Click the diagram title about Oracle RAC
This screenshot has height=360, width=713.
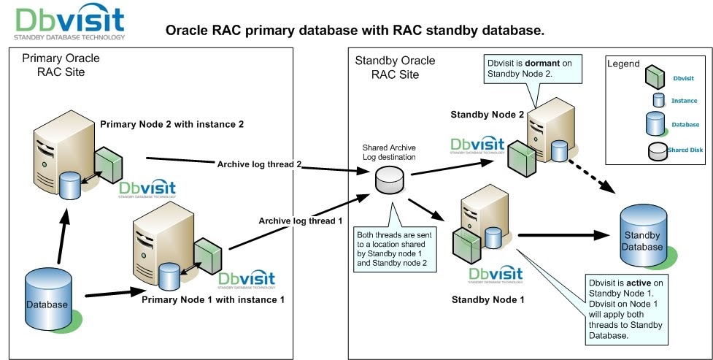click(355, 31)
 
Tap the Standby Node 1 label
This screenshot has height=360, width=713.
click(484, 299)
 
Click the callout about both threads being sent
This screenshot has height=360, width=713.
click(393, 250)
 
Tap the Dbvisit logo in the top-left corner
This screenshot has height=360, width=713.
click(70, 23)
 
